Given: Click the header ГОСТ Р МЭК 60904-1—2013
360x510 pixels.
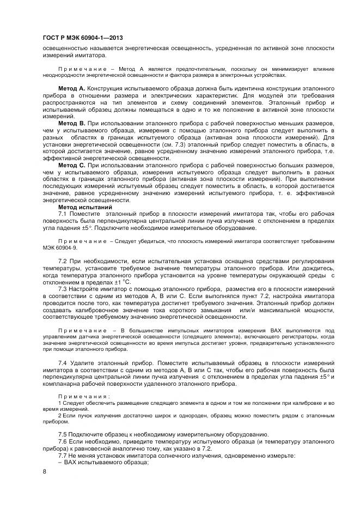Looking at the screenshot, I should pyautogui.click(x=82, y=38).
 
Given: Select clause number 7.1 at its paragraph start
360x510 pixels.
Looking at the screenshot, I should pyautogui.click(x=63, y=214).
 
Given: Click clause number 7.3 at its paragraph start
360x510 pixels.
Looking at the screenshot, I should pyautogui.click(x=63, y=289).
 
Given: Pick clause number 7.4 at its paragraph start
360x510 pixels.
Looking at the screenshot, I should pyautogui.click(x=63, y=362).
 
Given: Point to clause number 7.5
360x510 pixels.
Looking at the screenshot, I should pyautogui.click(x=63, y=434).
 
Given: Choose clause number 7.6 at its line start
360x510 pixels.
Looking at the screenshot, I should pyautogui.click(x=63, y=441).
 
